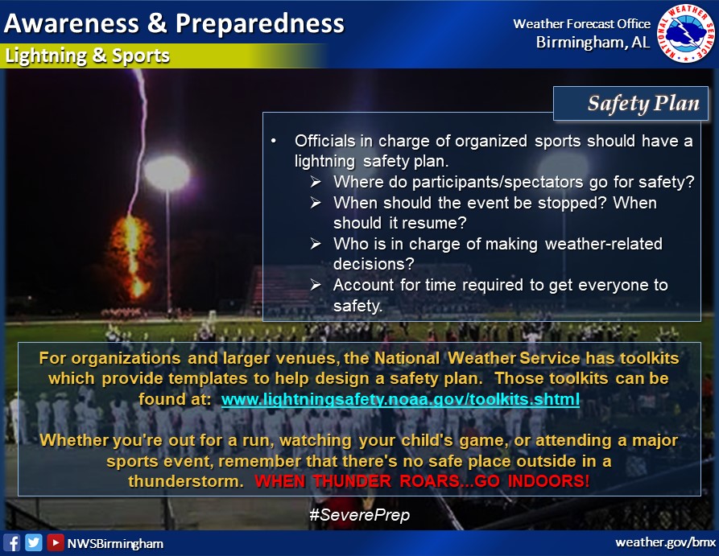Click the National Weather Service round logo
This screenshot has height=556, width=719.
(x=687, y=34)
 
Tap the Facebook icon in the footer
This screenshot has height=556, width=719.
(x=12, y=543)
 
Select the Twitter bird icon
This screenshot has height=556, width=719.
(x=34, y=542)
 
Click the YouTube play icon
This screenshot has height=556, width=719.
(x=55, y=542)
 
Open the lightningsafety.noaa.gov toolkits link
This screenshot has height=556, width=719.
(x=400, y=399)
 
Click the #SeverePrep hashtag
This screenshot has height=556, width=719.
(x=359, y=515)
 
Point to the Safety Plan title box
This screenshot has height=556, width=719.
(x=630, y=104)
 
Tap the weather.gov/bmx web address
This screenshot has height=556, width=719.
(x=665, y=542)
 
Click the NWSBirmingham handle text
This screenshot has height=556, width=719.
(x=115, y=544)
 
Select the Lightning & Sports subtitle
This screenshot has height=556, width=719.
(x=87, y=56)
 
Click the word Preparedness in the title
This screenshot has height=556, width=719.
(x=259, y=24)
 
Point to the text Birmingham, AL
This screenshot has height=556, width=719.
(x=593, y=43)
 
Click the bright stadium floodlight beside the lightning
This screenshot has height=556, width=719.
(x=167, y=173)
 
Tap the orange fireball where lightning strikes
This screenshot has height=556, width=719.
(x=133, y=257)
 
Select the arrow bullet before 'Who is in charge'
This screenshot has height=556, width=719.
(x=316, y=243)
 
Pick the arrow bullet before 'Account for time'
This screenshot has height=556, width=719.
(x=316, y=285)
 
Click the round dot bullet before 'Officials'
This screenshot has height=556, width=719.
(x=274, y=141)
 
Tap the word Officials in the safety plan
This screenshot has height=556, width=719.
(x=324, y=141)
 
